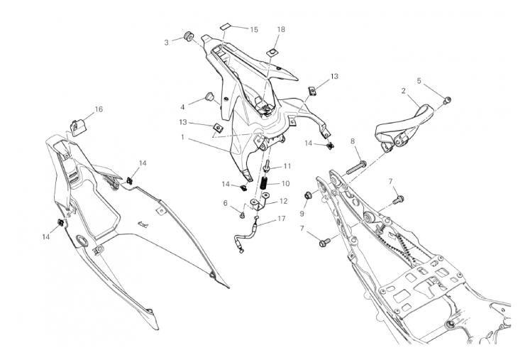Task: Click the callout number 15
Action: tap(254, 30)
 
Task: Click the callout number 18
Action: tap(281, 30)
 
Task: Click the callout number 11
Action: tap(287, 166)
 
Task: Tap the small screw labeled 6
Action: tap(243, 212)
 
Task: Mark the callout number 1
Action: tap(182, 137)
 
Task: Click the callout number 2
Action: tap(404, 92)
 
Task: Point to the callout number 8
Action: tap(353, 142)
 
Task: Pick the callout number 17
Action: tap(282, 219)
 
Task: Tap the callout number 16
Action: tap(99, 109)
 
